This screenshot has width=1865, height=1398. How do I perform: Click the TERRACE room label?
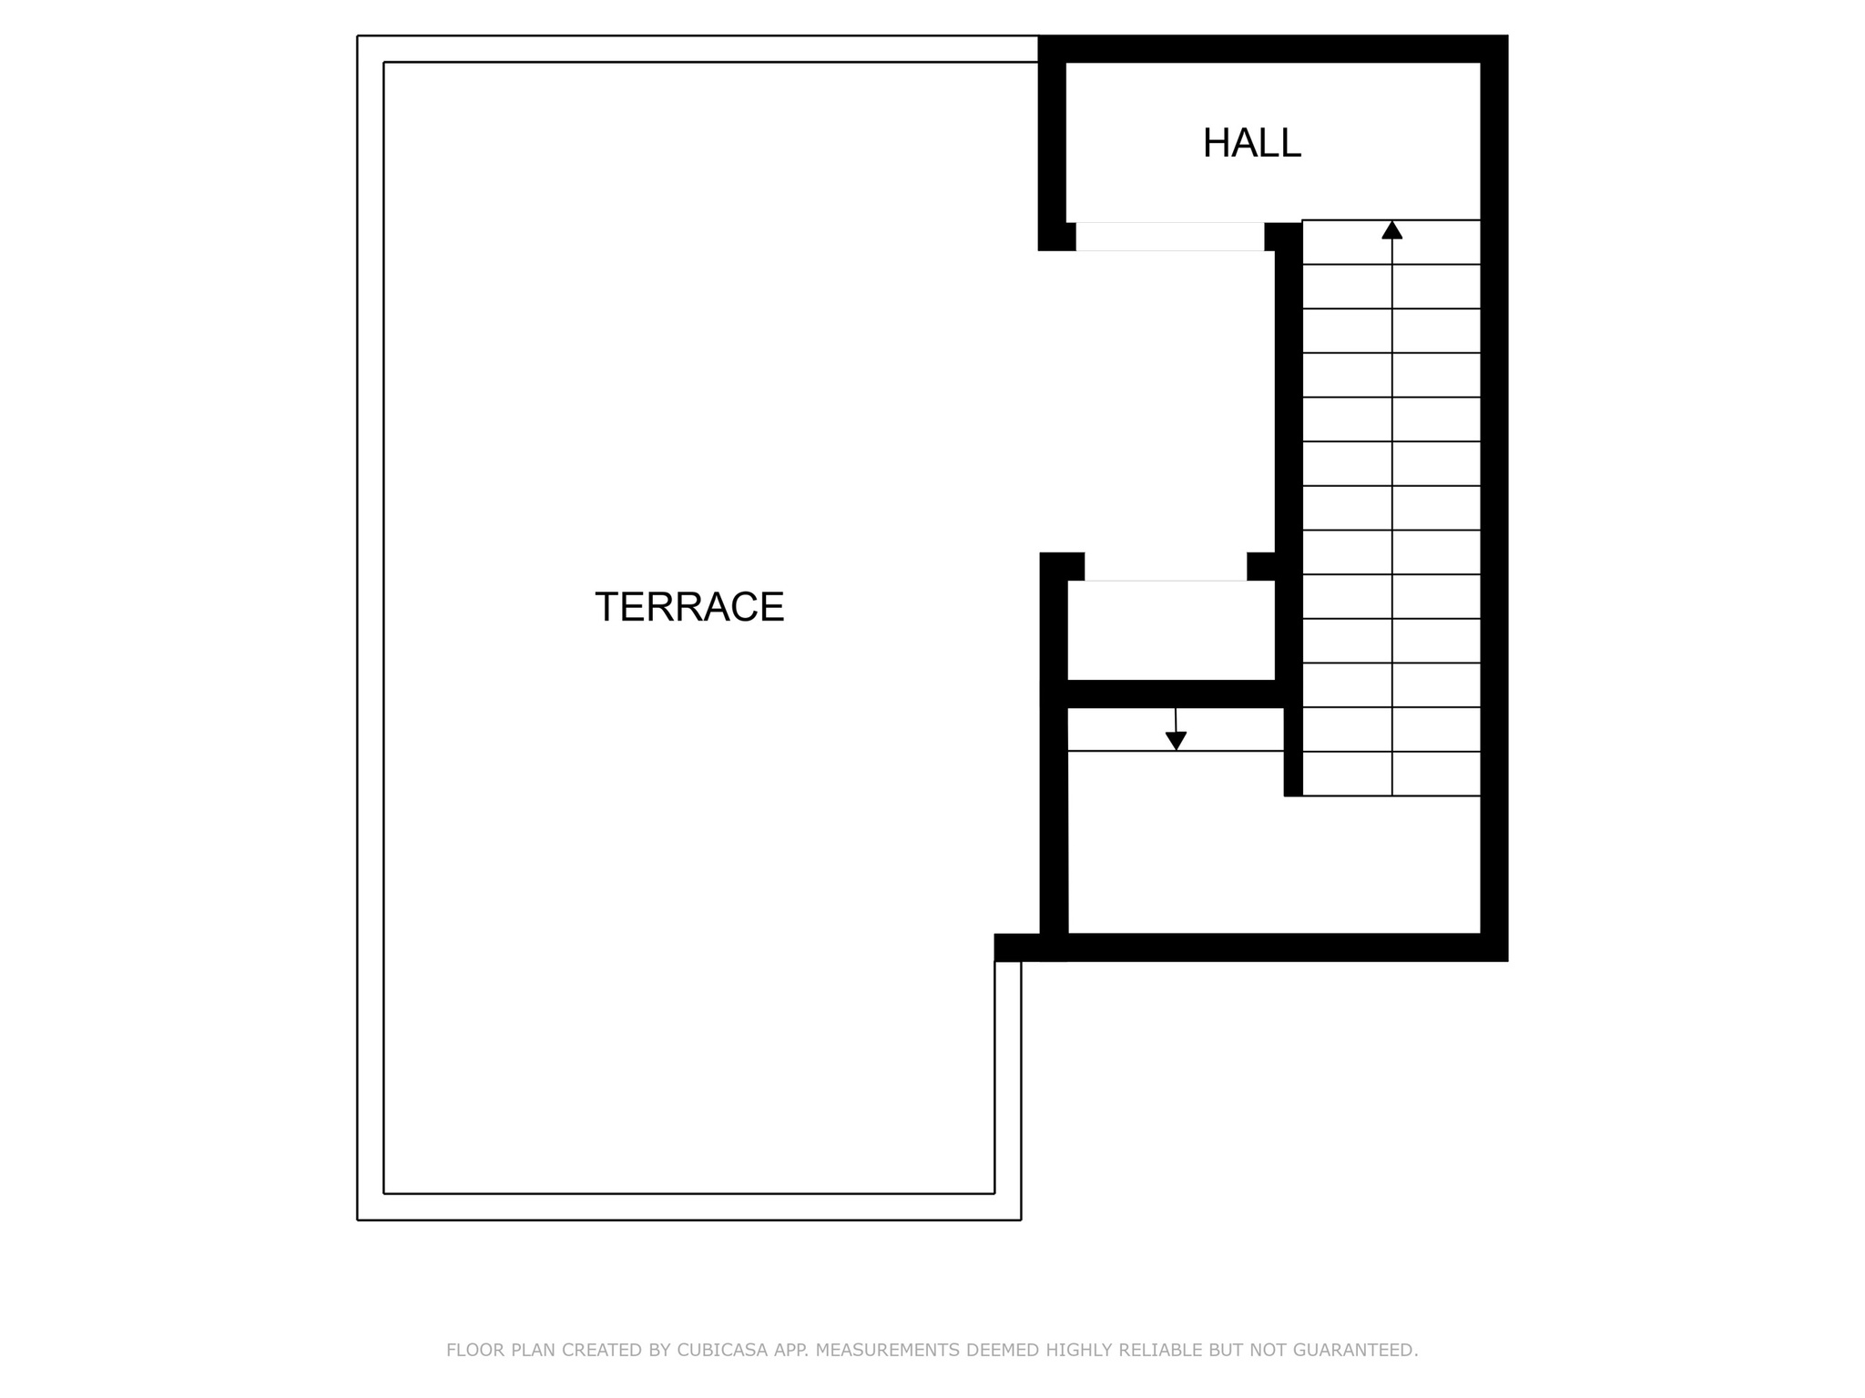point(689,607)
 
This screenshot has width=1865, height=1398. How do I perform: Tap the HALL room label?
point(1251,144)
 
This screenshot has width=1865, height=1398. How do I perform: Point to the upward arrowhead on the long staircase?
point(1391,230)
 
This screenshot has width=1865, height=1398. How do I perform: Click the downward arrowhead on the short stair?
point(1176,741)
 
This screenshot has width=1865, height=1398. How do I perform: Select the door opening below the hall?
point(1170,237)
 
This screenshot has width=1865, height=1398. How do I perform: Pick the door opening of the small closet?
point(1166,567)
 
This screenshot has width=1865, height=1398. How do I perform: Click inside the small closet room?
point(1170,630)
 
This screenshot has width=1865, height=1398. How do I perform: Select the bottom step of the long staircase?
point(1391,775)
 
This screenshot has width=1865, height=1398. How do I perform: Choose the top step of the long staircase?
point(1391,243)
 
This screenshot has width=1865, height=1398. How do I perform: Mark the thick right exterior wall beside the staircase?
point(1494,501)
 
